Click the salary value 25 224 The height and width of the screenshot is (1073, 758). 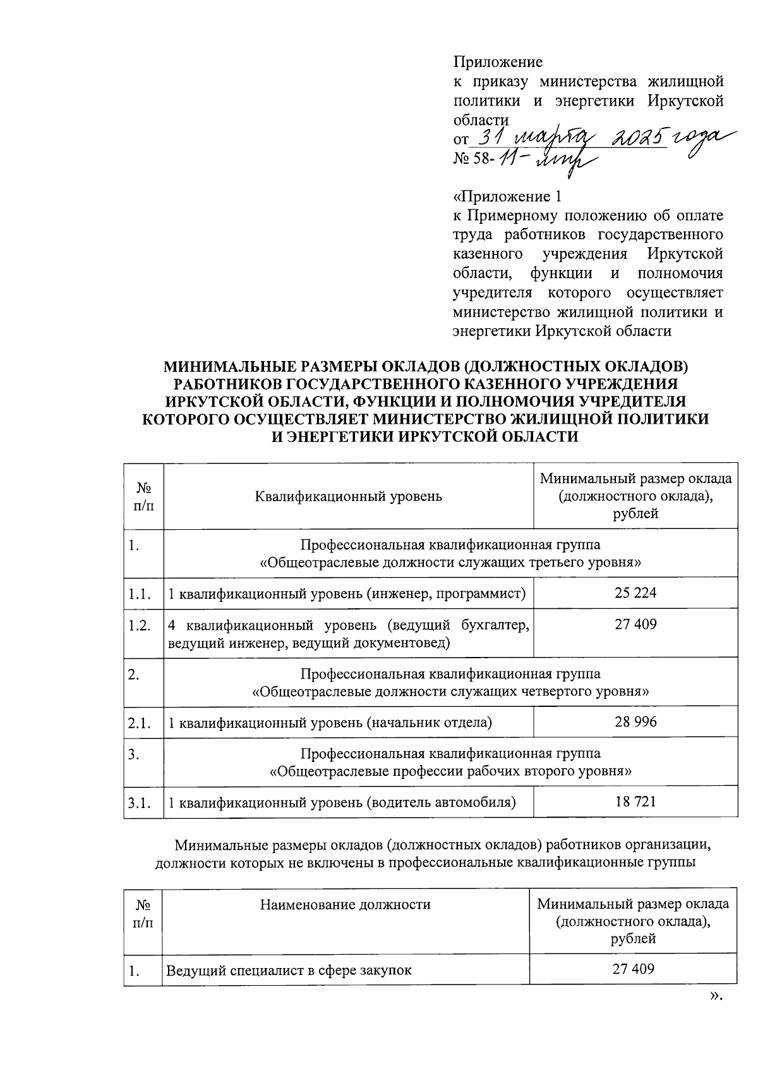(635, 593)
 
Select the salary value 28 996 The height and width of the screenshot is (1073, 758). (635, 721)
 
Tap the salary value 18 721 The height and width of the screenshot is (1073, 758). (635, 802)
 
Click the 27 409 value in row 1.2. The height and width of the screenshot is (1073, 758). (635, 625)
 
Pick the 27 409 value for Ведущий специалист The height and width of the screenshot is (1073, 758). (633, 969)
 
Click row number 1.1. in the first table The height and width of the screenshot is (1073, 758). (139, 593)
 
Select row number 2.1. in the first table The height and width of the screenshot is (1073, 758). (139, 722)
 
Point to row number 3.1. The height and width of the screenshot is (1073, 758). (139, 802)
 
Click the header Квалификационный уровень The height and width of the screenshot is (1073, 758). (349, 496)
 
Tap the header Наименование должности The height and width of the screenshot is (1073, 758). (346, 904)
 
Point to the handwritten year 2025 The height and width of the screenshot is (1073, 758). (638, 136)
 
